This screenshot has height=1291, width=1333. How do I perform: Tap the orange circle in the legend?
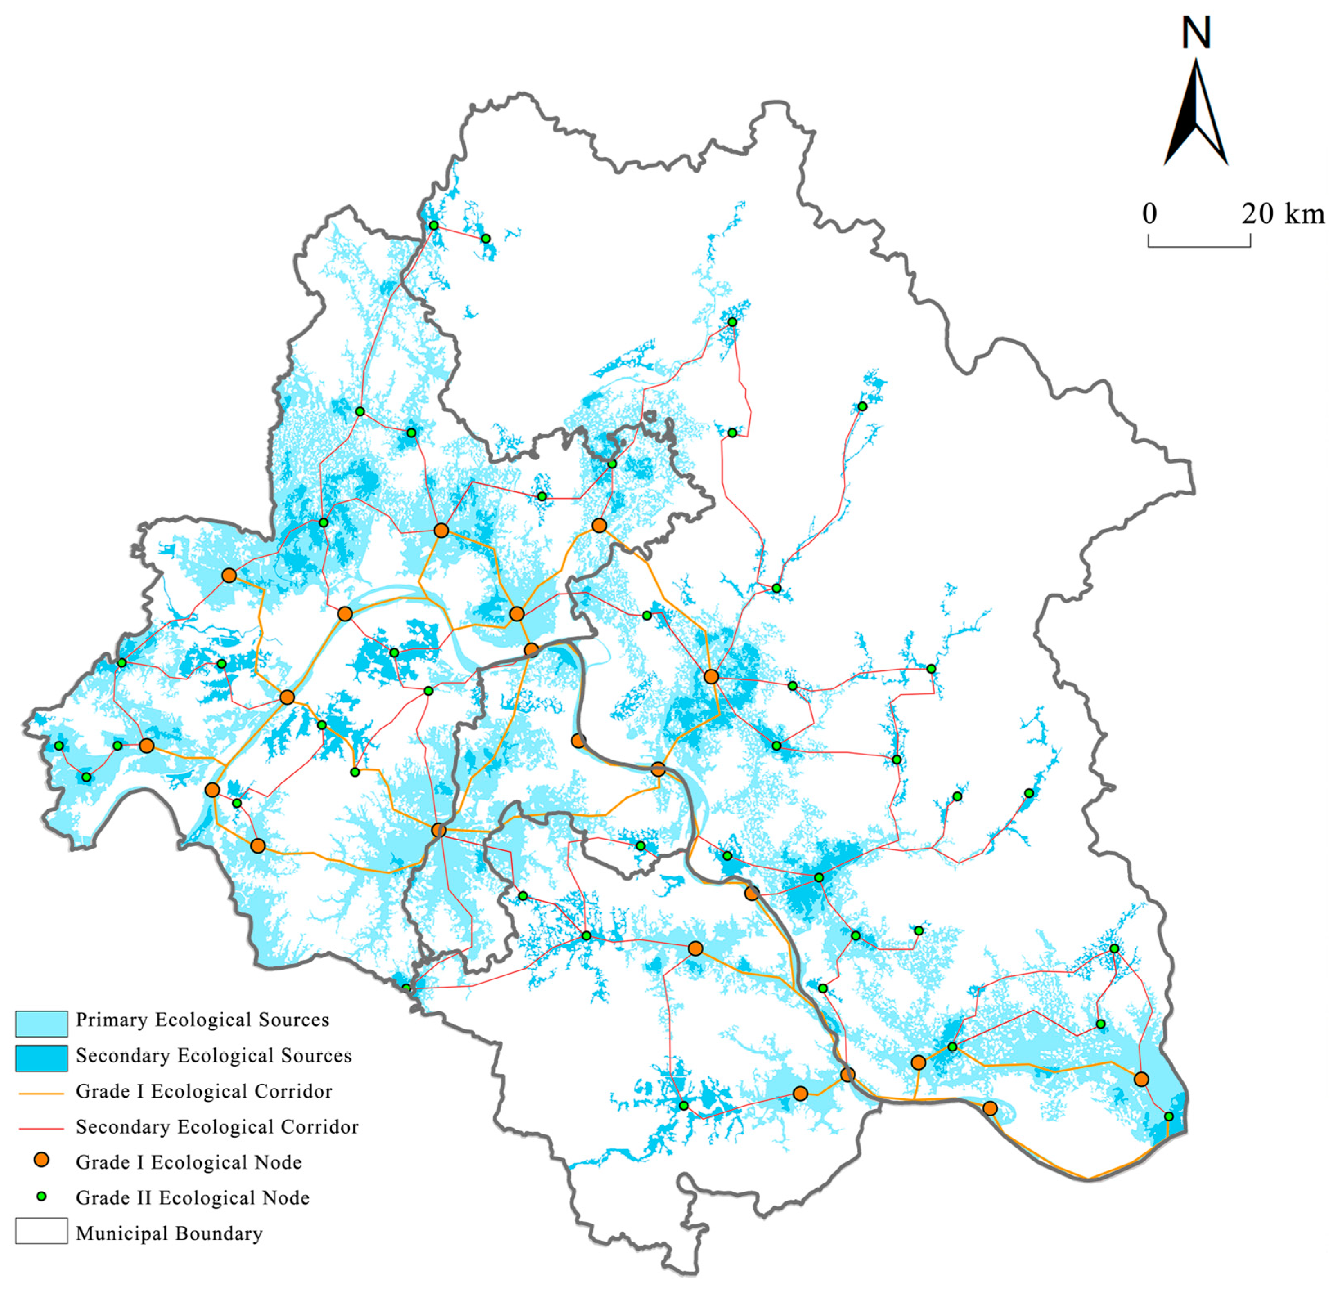41,1161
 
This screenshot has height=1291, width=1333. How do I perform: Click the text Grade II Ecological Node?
193,1198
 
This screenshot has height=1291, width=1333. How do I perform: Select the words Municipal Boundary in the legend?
169,1233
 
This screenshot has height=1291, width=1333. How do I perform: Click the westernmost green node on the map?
59,746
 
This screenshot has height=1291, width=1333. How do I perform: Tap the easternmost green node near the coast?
1169,1116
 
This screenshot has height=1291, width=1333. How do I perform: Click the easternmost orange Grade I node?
1141,1079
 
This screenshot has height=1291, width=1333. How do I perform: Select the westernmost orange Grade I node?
146,746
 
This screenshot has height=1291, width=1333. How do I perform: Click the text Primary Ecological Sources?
202,1020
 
